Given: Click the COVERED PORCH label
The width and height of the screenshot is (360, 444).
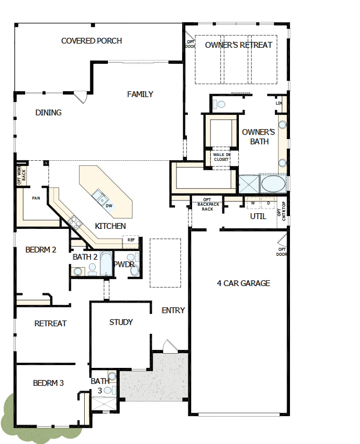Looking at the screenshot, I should tap(91, 41).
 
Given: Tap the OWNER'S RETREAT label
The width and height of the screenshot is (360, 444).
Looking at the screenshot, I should tap(238, 45).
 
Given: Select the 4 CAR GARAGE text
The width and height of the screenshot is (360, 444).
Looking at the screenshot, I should tap(243, 283).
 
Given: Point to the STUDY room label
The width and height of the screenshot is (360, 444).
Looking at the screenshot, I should tap(121, 322).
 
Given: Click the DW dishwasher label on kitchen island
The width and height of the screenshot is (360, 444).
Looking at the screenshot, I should tap(109, 206).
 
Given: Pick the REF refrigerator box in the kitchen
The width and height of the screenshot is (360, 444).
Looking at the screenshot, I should tap(131, 240).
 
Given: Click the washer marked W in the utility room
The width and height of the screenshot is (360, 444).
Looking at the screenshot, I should tap(253, 203).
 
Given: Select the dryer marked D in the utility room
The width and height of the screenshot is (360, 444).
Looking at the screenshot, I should tap(268, 203).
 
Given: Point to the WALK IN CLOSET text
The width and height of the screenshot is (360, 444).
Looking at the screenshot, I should tap(221, 157).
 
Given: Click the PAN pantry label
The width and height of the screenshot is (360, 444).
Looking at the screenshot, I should tap(35, 198).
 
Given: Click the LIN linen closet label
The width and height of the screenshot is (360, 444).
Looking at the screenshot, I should tap(279, 103).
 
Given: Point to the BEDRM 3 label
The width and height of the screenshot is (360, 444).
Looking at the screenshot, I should tap(48, 383).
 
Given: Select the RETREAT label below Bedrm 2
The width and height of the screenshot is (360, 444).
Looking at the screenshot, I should tap(51, 324).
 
